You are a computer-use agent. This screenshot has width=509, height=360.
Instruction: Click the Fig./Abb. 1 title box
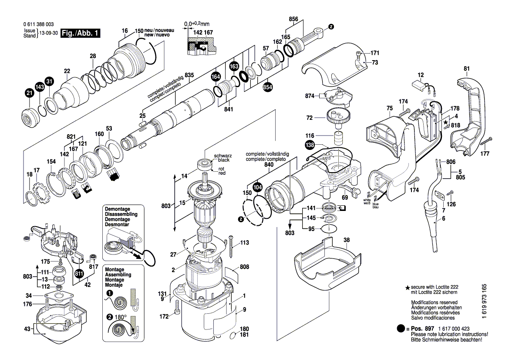coord(80,33)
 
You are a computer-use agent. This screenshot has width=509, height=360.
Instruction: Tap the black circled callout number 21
coord(29,93)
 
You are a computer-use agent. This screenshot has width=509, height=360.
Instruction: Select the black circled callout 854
coord(267,87)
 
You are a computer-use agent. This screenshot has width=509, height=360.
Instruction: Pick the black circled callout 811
coord(79,274)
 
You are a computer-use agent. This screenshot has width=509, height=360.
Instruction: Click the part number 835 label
coord(189,75)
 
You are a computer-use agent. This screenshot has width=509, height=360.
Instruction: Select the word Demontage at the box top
coord(118,209)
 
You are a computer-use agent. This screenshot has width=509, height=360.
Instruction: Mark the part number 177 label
coord(485,154)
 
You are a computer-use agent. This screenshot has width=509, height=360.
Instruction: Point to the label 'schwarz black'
coord(222,158)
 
